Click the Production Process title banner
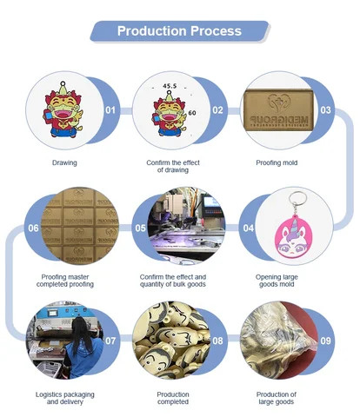180,31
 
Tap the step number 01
110,110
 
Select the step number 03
325,110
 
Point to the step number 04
249,228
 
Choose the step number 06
33,228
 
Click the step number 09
325,341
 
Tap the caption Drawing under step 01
64,162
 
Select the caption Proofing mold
277,162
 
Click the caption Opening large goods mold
277,281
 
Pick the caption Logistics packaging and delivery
65,398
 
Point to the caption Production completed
173,398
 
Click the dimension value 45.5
170,86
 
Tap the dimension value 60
192,113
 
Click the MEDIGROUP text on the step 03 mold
279,119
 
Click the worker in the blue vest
83,348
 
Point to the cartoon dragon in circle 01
63,110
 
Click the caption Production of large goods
277,398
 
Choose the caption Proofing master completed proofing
65,281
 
